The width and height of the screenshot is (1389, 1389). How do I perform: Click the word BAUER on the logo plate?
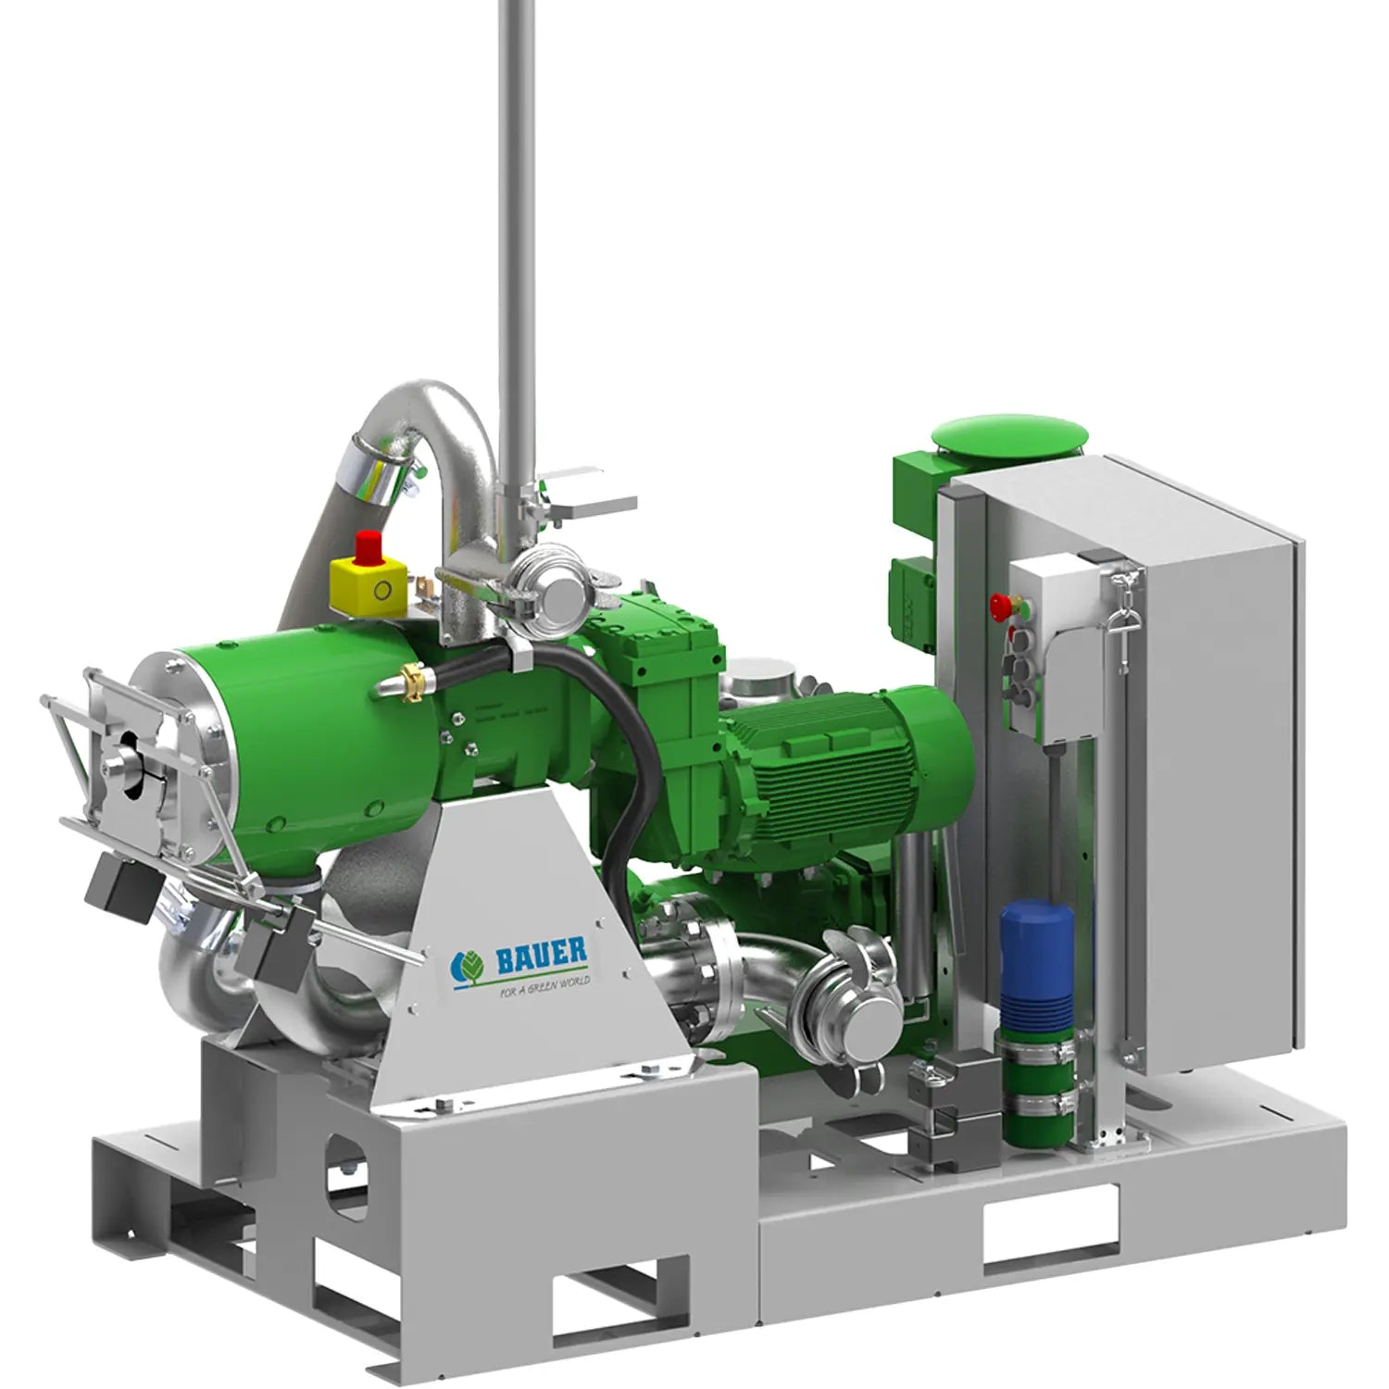pyautogui.click(x=542, y=957)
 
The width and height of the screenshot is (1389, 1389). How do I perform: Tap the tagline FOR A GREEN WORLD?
pyautogui.click(x=544, y=985)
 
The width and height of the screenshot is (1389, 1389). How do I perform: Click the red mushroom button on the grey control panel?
pyautogui.click(x=1000, y=607)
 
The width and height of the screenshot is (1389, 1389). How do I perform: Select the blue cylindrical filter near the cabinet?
pyautogui.click(x=1037, y=963)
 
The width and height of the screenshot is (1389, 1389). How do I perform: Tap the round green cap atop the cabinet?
pyautogui.click(x=1009, y=435)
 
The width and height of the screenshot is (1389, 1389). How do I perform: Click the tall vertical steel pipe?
pyautogui.click(x=516, y=231)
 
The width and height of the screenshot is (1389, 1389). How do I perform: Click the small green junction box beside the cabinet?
pyautogui.click(x=912, y=593)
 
